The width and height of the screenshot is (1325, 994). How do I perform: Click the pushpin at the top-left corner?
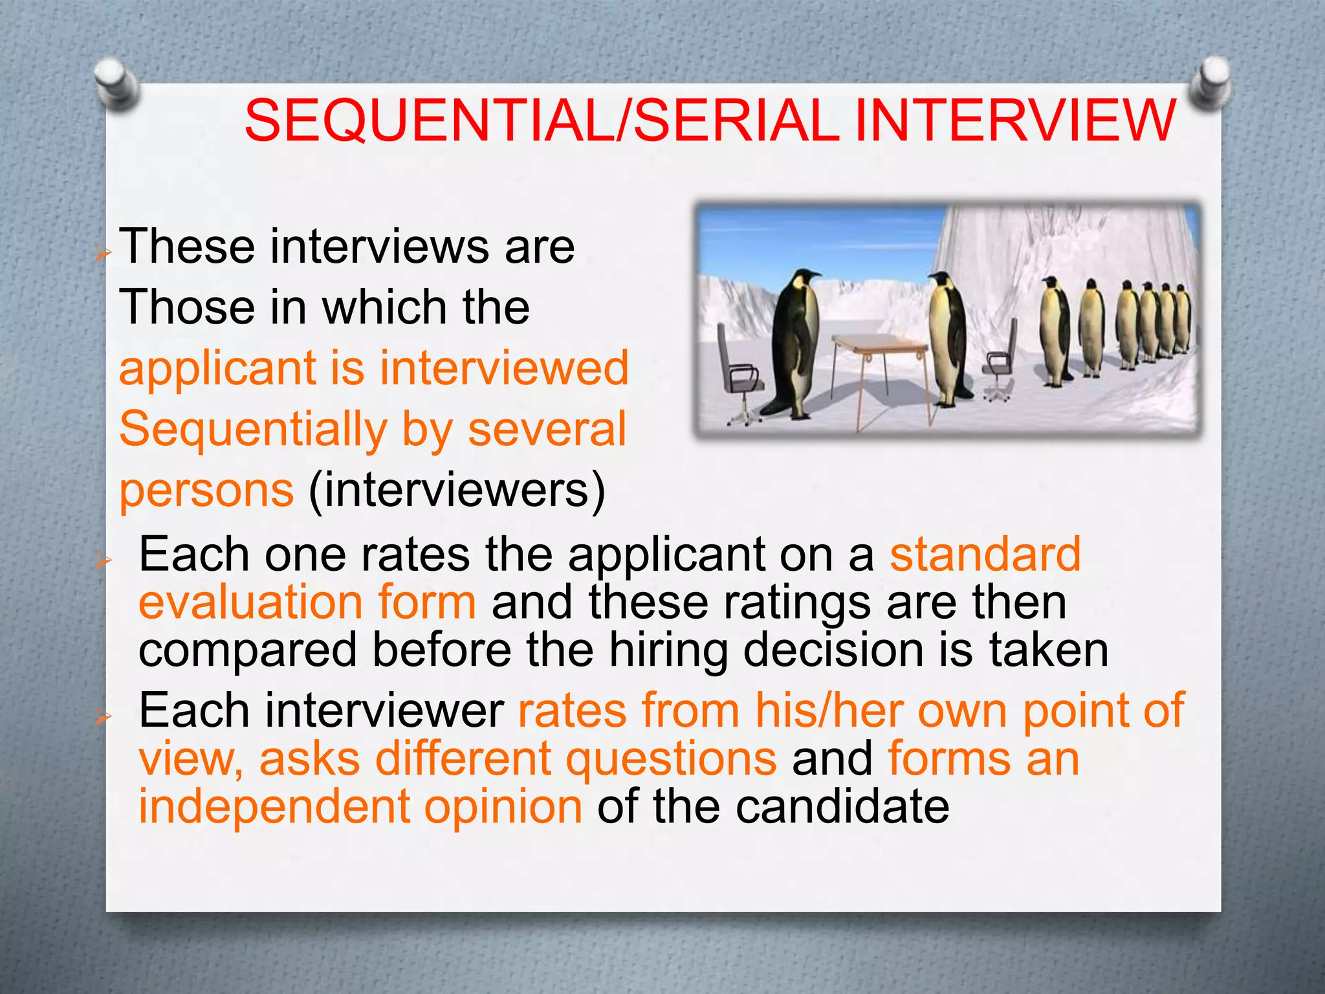(x=116, y=83)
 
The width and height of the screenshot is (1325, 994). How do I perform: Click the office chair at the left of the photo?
(x=741, y=375)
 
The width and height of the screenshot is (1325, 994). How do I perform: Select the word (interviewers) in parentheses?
(x=457, y=491)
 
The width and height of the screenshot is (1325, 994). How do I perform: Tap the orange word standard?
(x=985, y=555)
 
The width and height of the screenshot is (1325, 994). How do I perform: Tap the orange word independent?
(x=275, y=807)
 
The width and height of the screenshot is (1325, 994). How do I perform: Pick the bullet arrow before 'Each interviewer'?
(x=102, y=716)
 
